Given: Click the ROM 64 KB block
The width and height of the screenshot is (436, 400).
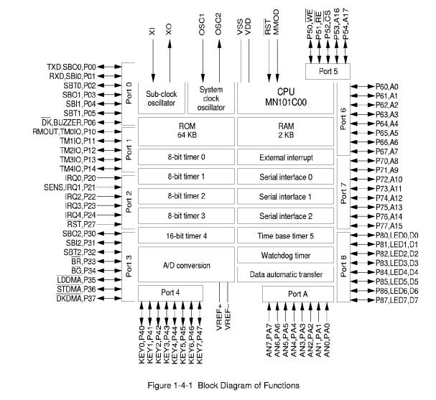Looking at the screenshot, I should (x=187, y=132).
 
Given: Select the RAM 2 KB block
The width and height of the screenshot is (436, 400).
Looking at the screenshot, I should (x=286, y=132).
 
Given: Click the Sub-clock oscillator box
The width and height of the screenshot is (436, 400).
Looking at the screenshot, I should (x=160, y=98).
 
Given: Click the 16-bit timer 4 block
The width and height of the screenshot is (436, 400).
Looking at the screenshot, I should (x=187, y=236).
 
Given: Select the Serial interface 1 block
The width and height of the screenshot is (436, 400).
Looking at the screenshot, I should (x=286, y=196).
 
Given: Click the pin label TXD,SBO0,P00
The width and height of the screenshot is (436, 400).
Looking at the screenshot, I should (x=74, y=66).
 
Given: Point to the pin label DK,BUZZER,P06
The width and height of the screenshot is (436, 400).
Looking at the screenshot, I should (x=74, y=123).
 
